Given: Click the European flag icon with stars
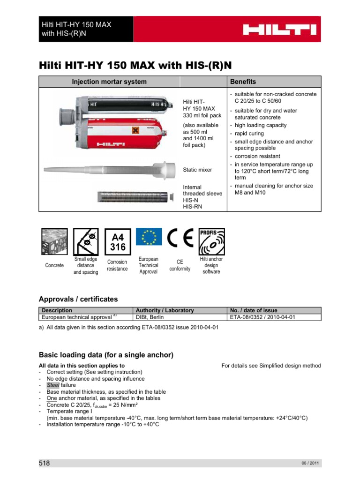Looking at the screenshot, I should tap(149, 237).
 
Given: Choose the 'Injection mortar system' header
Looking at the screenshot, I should tap(109, 82).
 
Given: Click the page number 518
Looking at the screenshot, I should tap(44, 463).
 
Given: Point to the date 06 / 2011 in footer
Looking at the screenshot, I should tap(310, 464).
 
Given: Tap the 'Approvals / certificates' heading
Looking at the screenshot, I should tap(78, 299).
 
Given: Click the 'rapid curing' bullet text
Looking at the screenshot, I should tap(251, 133).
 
